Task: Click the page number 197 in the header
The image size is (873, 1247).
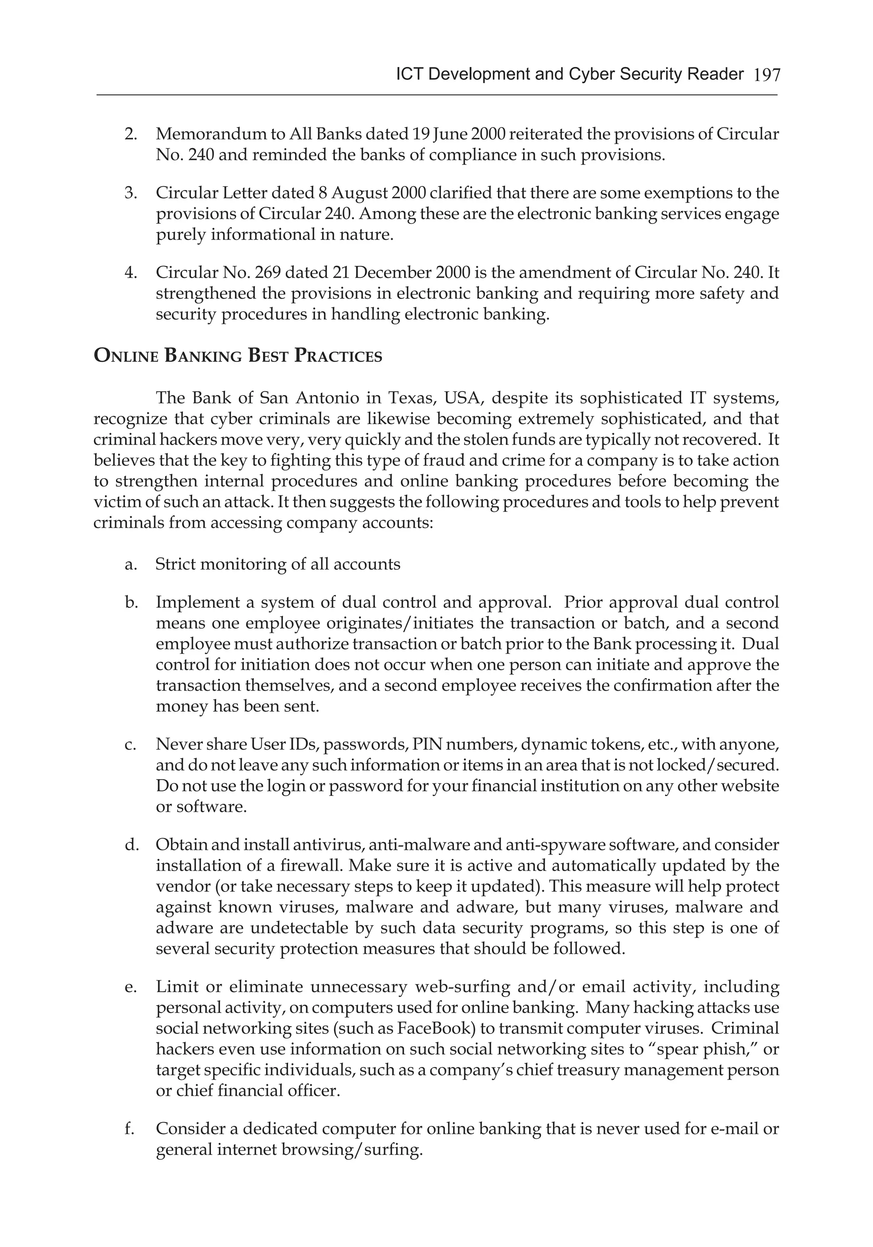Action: pyautogui.click(x=767, y=75)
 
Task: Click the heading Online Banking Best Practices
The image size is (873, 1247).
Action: pyautogui.click(x=238, y=356)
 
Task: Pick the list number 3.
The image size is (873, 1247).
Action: pyautogui.click(x=130, y=193)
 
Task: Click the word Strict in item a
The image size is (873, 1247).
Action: pyautogui.click(x=176, y=564)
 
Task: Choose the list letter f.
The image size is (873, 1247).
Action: pyautogui.click(x=129, y=1129)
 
